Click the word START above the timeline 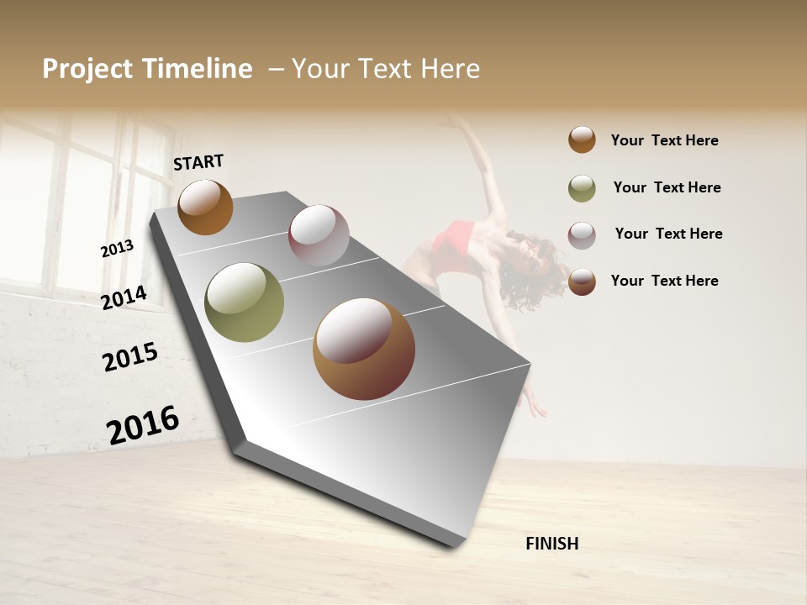[198, 162]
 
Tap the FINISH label [551, 544]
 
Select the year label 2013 [117, 249]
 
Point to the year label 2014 [124, 297]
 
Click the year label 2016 [143, 424]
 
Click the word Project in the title [87, 69]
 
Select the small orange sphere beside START [205, 207]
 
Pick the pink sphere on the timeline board [319, 235]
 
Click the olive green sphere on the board [245, 302]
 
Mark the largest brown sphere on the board [364, 349]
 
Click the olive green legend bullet [582, 189]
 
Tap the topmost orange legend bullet [582, 139]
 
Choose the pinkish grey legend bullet [582, 235]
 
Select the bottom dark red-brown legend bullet [582, 281]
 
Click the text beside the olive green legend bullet [667, 187]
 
